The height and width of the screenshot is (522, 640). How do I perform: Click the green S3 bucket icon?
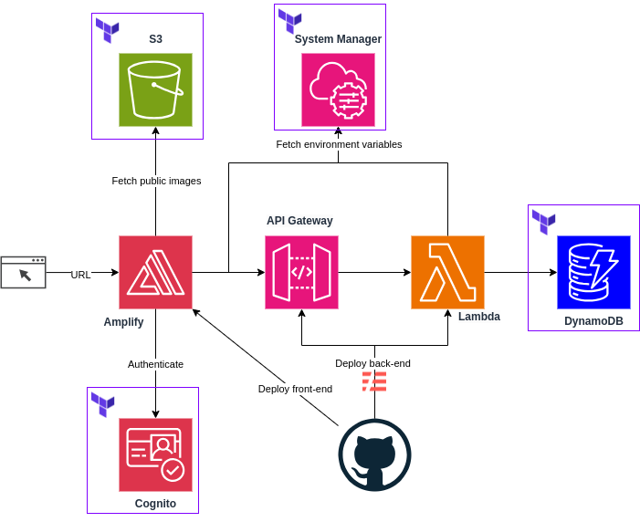pos(155,89)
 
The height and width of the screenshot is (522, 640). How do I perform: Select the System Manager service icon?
pos(338,89)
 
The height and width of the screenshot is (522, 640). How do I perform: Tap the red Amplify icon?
pos(155,272)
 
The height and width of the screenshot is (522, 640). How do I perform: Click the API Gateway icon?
pos(301,272)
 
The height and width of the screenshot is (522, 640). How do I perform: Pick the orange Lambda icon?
pos(447,272)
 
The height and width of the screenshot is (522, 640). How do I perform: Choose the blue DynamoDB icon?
pos(593,272)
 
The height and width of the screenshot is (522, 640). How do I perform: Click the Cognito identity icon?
pos(155,454)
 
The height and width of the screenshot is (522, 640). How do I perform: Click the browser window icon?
pos(23,272)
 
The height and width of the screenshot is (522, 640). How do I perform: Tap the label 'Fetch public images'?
pos(156,181)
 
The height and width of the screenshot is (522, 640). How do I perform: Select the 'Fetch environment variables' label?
pos(339,144)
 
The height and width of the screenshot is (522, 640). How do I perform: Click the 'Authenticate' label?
pos(155,364)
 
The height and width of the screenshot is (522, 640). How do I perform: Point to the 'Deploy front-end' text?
pos(295,389)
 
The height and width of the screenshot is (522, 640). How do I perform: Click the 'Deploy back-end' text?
pos(372,363)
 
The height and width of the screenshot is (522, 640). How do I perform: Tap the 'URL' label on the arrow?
pos(80,275)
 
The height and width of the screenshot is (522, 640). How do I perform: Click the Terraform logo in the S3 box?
pos(108,30)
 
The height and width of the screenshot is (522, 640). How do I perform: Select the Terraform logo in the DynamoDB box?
pos(543,222)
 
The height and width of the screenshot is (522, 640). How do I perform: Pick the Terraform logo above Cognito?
pos(102,404)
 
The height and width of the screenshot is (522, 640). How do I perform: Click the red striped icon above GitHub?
pos(374,381)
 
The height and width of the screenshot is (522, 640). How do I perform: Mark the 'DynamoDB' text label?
pos(593,320)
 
